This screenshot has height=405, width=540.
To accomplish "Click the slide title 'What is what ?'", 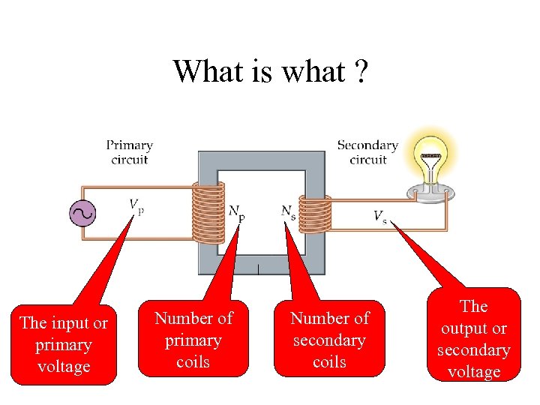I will tap(269, 71).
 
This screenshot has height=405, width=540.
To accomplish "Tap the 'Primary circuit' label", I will tap(130, 151).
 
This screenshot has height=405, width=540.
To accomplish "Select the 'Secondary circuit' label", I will tap(367, 151).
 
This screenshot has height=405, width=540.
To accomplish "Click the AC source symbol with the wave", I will tap(82, 214).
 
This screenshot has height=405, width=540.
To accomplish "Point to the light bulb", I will tap(430, 162).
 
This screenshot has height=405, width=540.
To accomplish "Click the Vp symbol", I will tap(136, 205).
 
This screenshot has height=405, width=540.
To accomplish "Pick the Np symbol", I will tap(236, 212).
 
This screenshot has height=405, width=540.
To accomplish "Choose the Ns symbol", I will tap(288, 212).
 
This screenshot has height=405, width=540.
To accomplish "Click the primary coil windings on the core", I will tap(208, 213).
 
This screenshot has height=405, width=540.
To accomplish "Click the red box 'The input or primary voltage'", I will tap(64, 345).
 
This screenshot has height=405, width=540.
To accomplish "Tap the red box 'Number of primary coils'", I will tap(193, 340).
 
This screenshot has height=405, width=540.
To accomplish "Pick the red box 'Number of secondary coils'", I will tap(329, 340).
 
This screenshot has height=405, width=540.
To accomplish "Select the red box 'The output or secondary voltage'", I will tap(474, 339).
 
